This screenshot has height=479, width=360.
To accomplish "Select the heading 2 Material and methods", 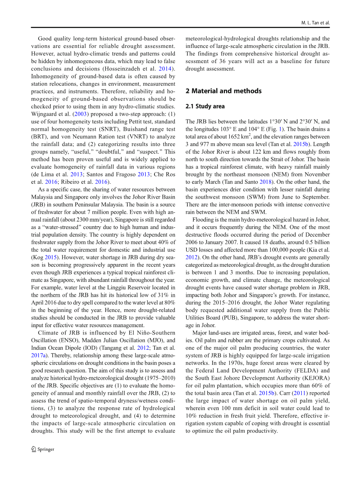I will [x=223, y=91].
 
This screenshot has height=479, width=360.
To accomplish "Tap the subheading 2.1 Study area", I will [x=205, y=106].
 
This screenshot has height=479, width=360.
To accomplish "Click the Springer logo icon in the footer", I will [x=34, y=449].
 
